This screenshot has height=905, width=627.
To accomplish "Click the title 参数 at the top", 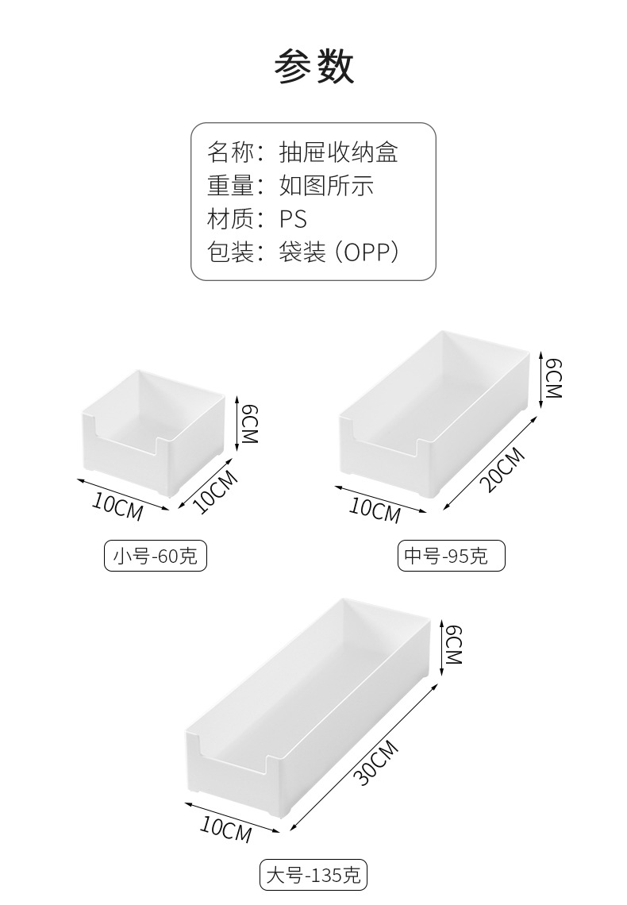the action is point(313,67).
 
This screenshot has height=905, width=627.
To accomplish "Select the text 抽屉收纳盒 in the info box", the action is point(338,152).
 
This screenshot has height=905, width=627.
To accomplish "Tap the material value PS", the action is point(293,218).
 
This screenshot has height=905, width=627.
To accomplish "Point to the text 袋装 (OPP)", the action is point(338,252).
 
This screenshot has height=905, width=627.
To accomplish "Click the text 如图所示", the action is point(326,185).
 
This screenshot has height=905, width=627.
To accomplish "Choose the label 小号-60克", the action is point(156,556).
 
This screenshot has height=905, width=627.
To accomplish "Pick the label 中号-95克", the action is point(451,556).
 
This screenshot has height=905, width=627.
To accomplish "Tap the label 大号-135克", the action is point(313,876).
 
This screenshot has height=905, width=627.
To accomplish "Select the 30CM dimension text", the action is point(375,763).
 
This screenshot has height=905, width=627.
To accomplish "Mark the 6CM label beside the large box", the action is point(452,644).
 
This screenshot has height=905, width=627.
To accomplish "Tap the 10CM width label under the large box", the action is point(225,830).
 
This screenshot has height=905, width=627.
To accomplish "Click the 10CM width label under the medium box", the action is point(375,510).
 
